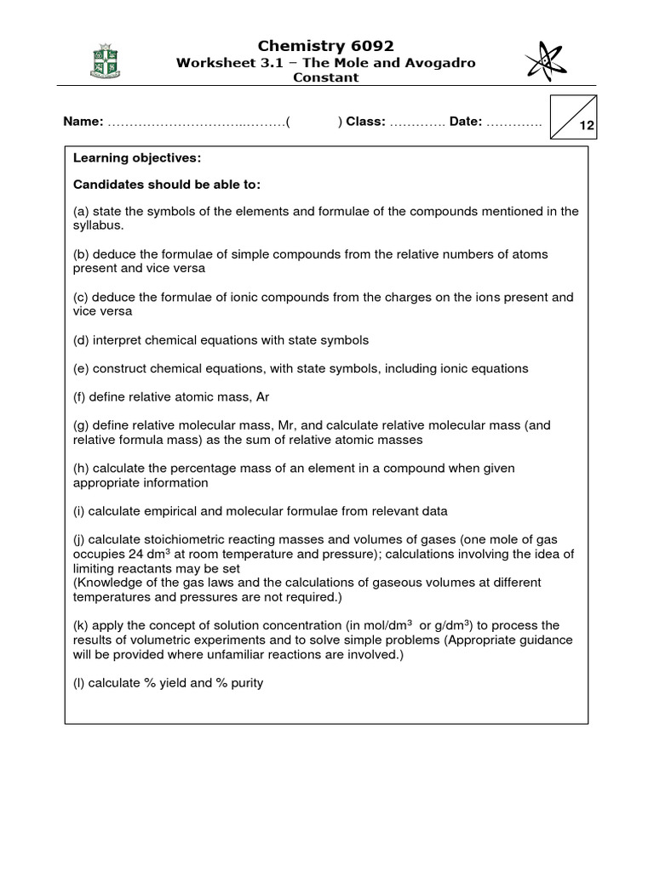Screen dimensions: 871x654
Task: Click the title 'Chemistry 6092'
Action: point(326,46)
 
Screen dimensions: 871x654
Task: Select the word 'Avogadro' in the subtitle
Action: point(438,63)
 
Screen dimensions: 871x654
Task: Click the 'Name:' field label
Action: point(83,122)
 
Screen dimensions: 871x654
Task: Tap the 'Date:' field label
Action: point(466,122)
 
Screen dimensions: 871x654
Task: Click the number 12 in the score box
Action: point(587,126)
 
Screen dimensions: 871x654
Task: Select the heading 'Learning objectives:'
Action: point(137,158)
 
